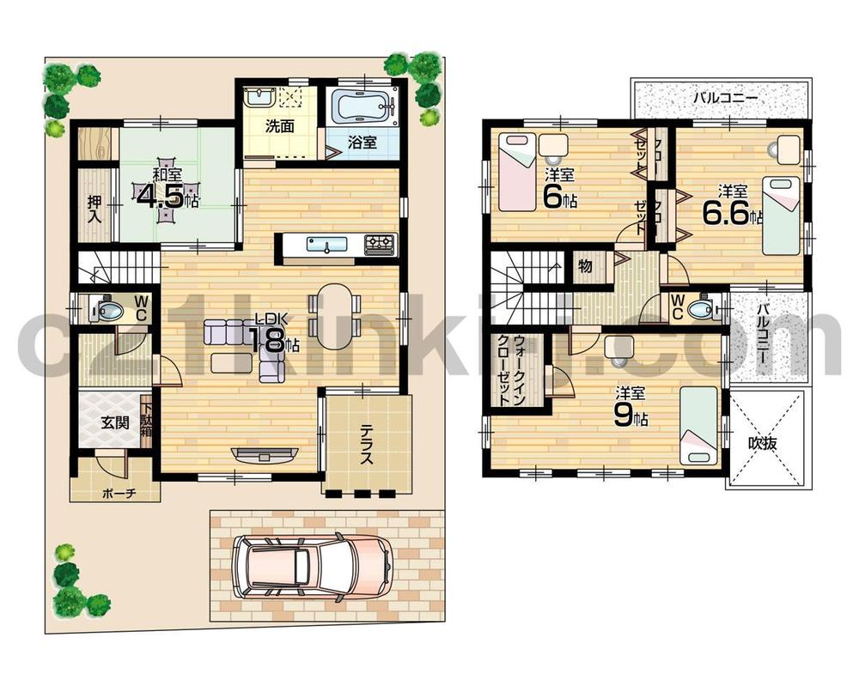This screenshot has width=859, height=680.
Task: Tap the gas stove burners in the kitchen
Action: [379, 245]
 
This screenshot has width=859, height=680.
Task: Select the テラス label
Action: [367, 445]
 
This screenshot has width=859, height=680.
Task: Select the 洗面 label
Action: [279, 126]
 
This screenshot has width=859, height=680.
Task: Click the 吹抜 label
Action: [762, 444]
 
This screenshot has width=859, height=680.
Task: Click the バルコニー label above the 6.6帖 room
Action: [725, 98]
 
